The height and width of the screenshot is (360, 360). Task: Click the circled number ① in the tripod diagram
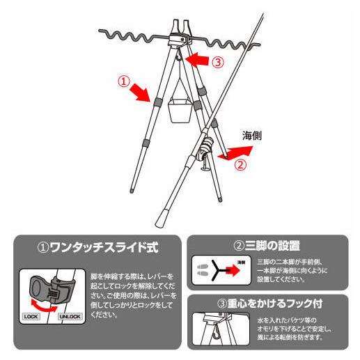click(125, 81)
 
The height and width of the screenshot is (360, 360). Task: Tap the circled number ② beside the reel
click(240, 166)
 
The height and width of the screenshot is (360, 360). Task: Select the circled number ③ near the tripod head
click(218, 61)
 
